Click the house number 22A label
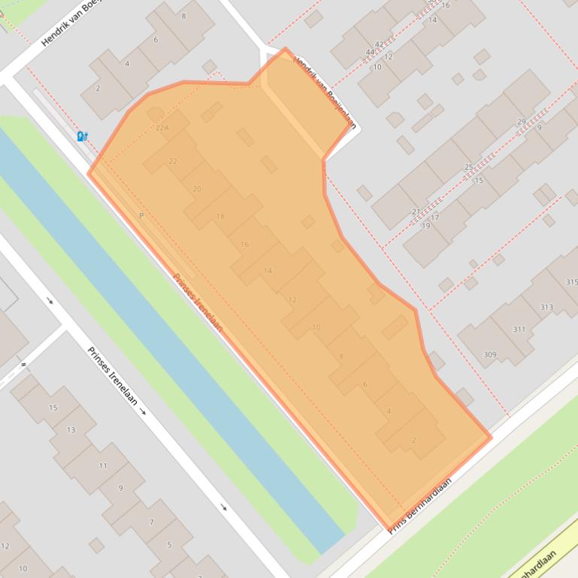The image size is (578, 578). (162, 128)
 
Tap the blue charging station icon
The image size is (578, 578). (82, 137)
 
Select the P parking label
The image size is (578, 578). (141, 216)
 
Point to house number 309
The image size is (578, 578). (490, 355)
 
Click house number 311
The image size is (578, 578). (519, 330)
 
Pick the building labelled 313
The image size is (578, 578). (546, 307)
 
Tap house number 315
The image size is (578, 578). (571, 282)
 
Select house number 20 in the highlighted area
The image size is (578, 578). (197, 189)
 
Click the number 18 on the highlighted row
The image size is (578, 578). (220, 217)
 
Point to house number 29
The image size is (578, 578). (522, 122)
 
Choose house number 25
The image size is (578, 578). (468, 167)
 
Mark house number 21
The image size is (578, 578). (416, 212)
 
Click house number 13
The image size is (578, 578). (71, 430)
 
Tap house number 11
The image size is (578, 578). (103, 466)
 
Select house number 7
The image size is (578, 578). (152, 522)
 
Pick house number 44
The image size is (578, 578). (370, 52)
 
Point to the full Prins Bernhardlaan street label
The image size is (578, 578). (420, 505)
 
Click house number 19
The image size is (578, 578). (425, 226)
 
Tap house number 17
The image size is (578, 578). (434, 218)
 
